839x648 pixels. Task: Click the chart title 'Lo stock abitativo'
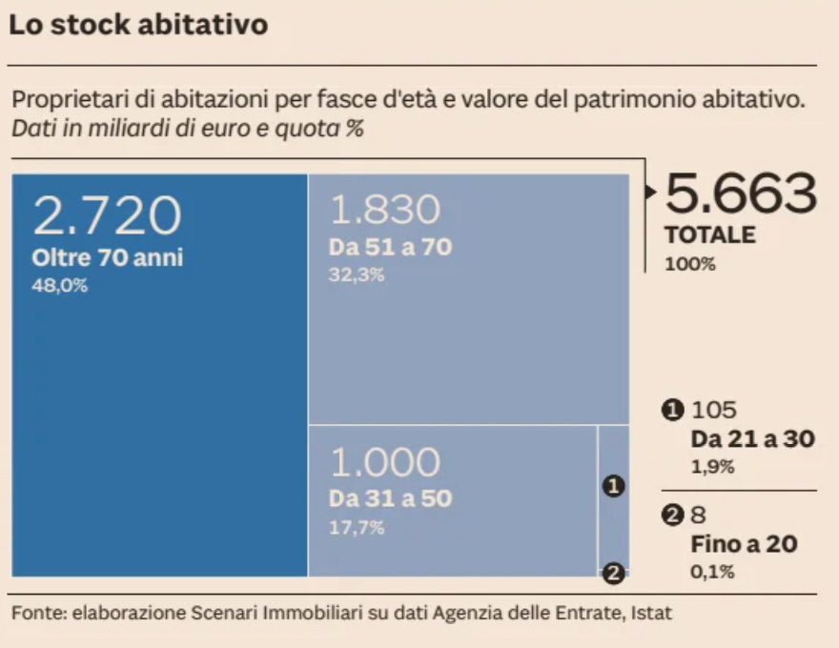coord(138,25)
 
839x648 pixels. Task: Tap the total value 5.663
coord(741,193)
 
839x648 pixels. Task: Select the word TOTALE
coord(710,235)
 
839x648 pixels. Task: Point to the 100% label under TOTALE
coord(689,264)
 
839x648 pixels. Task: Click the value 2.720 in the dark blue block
coord(107,215)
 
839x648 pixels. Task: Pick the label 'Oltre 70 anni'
coord(108,257)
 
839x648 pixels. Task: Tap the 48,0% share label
coord(59,286)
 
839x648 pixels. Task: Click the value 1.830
coord(385,209)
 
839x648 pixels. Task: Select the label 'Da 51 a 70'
coord(391,247)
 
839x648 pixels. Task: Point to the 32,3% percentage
coord(357,274)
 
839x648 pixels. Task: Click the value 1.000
coord(385,462)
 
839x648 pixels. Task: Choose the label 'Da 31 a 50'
coord(391,498)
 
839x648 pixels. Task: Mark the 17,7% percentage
coord(357,528)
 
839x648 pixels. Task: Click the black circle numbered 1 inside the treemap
coord(613,486)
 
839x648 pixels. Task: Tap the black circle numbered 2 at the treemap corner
coord(613,574)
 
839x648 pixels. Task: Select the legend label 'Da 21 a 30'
coord(753,439)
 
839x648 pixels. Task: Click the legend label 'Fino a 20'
coord(745,544)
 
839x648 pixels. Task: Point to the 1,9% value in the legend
coord(713,467)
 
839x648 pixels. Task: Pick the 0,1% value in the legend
coord(713,572)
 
